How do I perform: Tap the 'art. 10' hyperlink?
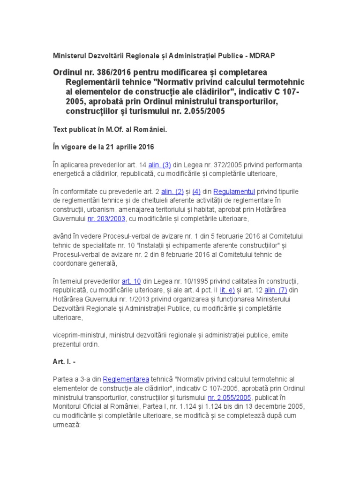click(131, 281)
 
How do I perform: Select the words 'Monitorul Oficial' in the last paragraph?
click(78, 406)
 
